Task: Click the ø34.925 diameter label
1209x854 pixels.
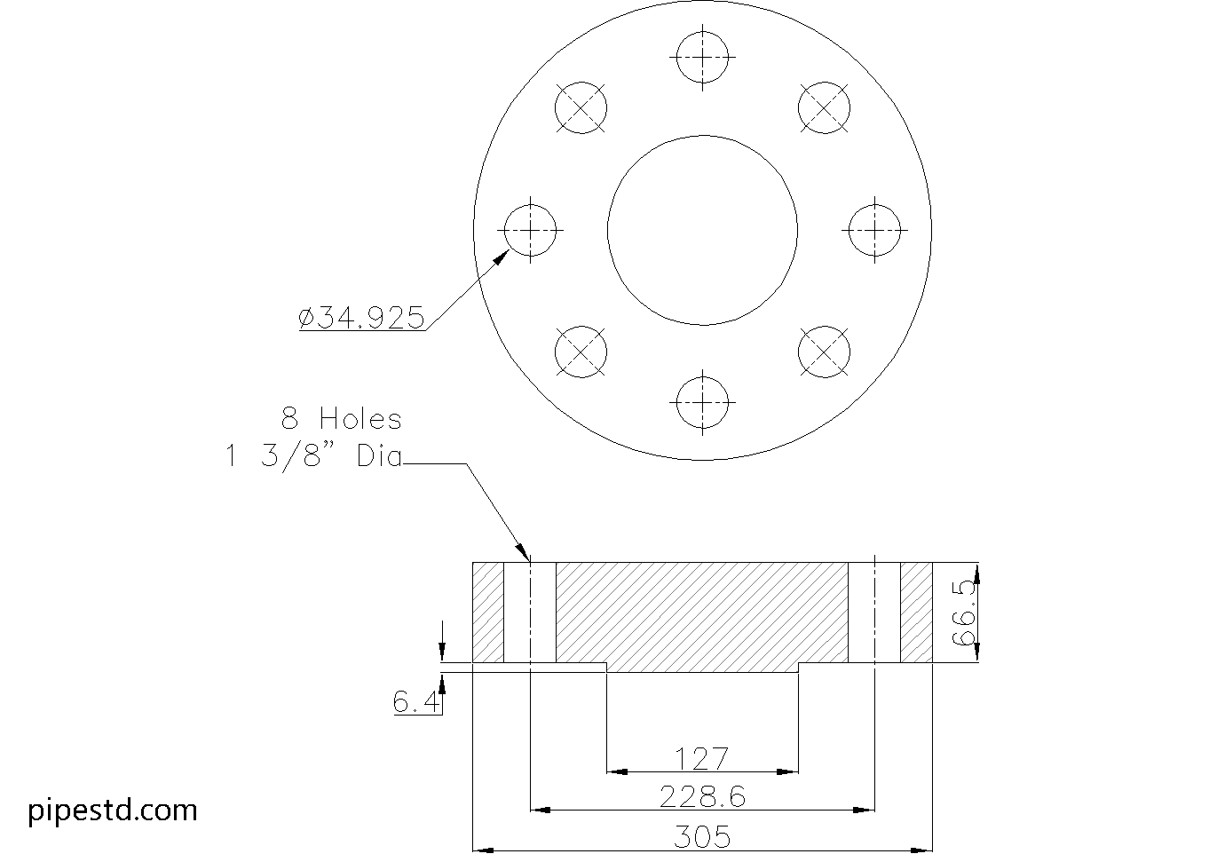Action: [x=362, y=318]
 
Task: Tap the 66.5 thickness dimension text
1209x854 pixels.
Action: [x=963, y=613]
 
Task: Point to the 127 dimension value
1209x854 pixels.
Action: [x=701, y=759]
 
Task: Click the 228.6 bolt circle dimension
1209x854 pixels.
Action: [x=701, y=797]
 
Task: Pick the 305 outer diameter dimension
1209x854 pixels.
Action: [x=701, y=836]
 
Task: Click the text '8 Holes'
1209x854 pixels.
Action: [x=342, y=419]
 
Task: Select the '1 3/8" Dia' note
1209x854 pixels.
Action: [x=313, y=457]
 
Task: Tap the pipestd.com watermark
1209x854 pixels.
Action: [x=113, y=810]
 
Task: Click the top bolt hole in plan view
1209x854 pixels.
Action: [x=702, y=58]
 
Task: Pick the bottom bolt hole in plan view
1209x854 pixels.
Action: [x=702, y=401]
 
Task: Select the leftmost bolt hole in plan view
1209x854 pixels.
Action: [x=530, y=230]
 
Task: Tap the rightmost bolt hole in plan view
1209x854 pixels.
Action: [x=875, y=230]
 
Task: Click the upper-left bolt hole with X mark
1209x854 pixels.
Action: [x=581, y=108]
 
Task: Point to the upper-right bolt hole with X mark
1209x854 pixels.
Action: [x=824, y=108]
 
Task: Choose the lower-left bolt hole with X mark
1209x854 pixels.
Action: [x=581, y=352]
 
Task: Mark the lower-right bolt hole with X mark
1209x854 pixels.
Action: [x=824, y=352]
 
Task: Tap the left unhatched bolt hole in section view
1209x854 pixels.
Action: [x=530, y=613]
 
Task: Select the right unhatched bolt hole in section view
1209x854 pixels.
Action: [x=874, y=613]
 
